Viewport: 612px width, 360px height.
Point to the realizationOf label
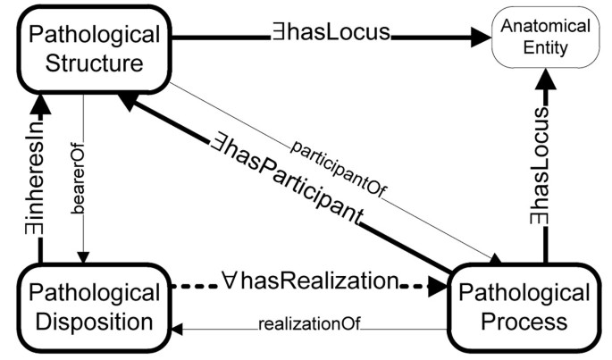[309, 323]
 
